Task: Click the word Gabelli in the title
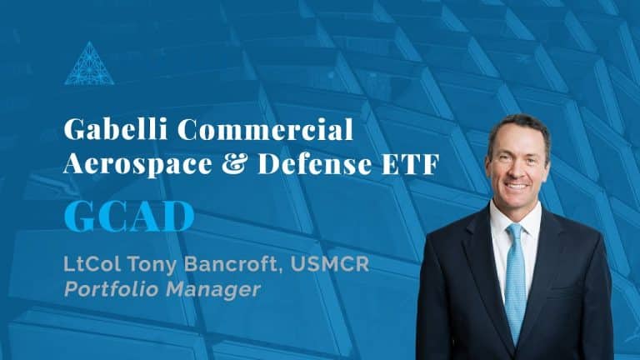116,129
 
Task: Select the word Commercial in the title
265,129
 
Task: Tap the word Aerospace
138,164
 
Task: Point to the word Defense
315,163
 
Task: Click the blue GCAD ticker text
129,217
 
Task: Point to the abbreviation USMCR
330,264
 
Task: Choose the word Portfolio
111,289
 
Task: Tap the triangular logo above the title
89,63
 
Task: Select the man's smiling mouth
516,186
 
